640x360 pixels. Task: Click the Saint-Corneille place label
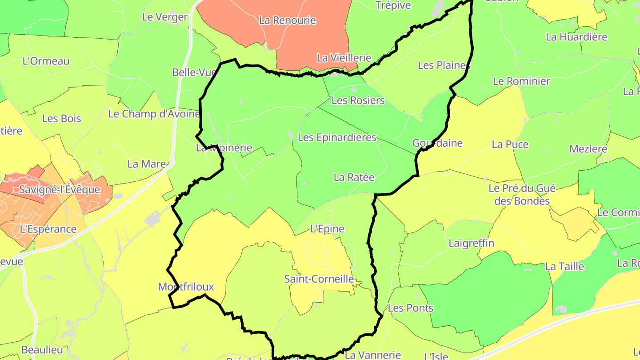click(319, 279)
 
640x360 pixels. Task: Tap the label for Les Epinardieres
click(337, 137)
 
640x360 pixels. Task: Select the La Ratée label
click(354, 177)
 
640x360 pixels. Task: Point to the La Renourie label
click(287, 20)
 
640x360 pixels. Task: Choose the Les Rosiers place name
click(358, 100)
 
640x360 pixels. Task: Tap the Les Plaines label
click(444, 65)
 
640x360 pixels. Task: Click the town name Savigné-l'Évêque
click(59, 190)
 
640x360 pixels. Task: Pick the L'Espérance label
click(48, 229)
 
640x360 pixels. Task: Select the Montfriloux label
click(186, 287)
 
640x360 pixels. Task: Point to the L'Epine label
click(327, 229)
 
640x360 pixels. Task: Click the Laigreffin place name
click(471, 243)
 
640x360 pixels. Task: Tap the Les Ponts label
click(410, 308)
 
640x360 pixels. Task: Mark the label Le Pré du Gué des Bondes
click(522, 195)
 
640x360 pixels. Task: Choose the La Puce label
click(510, 144)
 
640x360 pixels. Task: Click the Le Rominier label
click(521, 81)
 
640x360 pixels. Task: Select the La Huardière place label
click(576, 37)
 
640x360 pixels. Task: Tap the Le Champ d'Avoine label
click(154, 114)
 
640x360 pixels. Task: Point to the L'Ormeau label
click(46, 61)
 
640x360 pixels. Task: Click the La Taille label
click(564, 267)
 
